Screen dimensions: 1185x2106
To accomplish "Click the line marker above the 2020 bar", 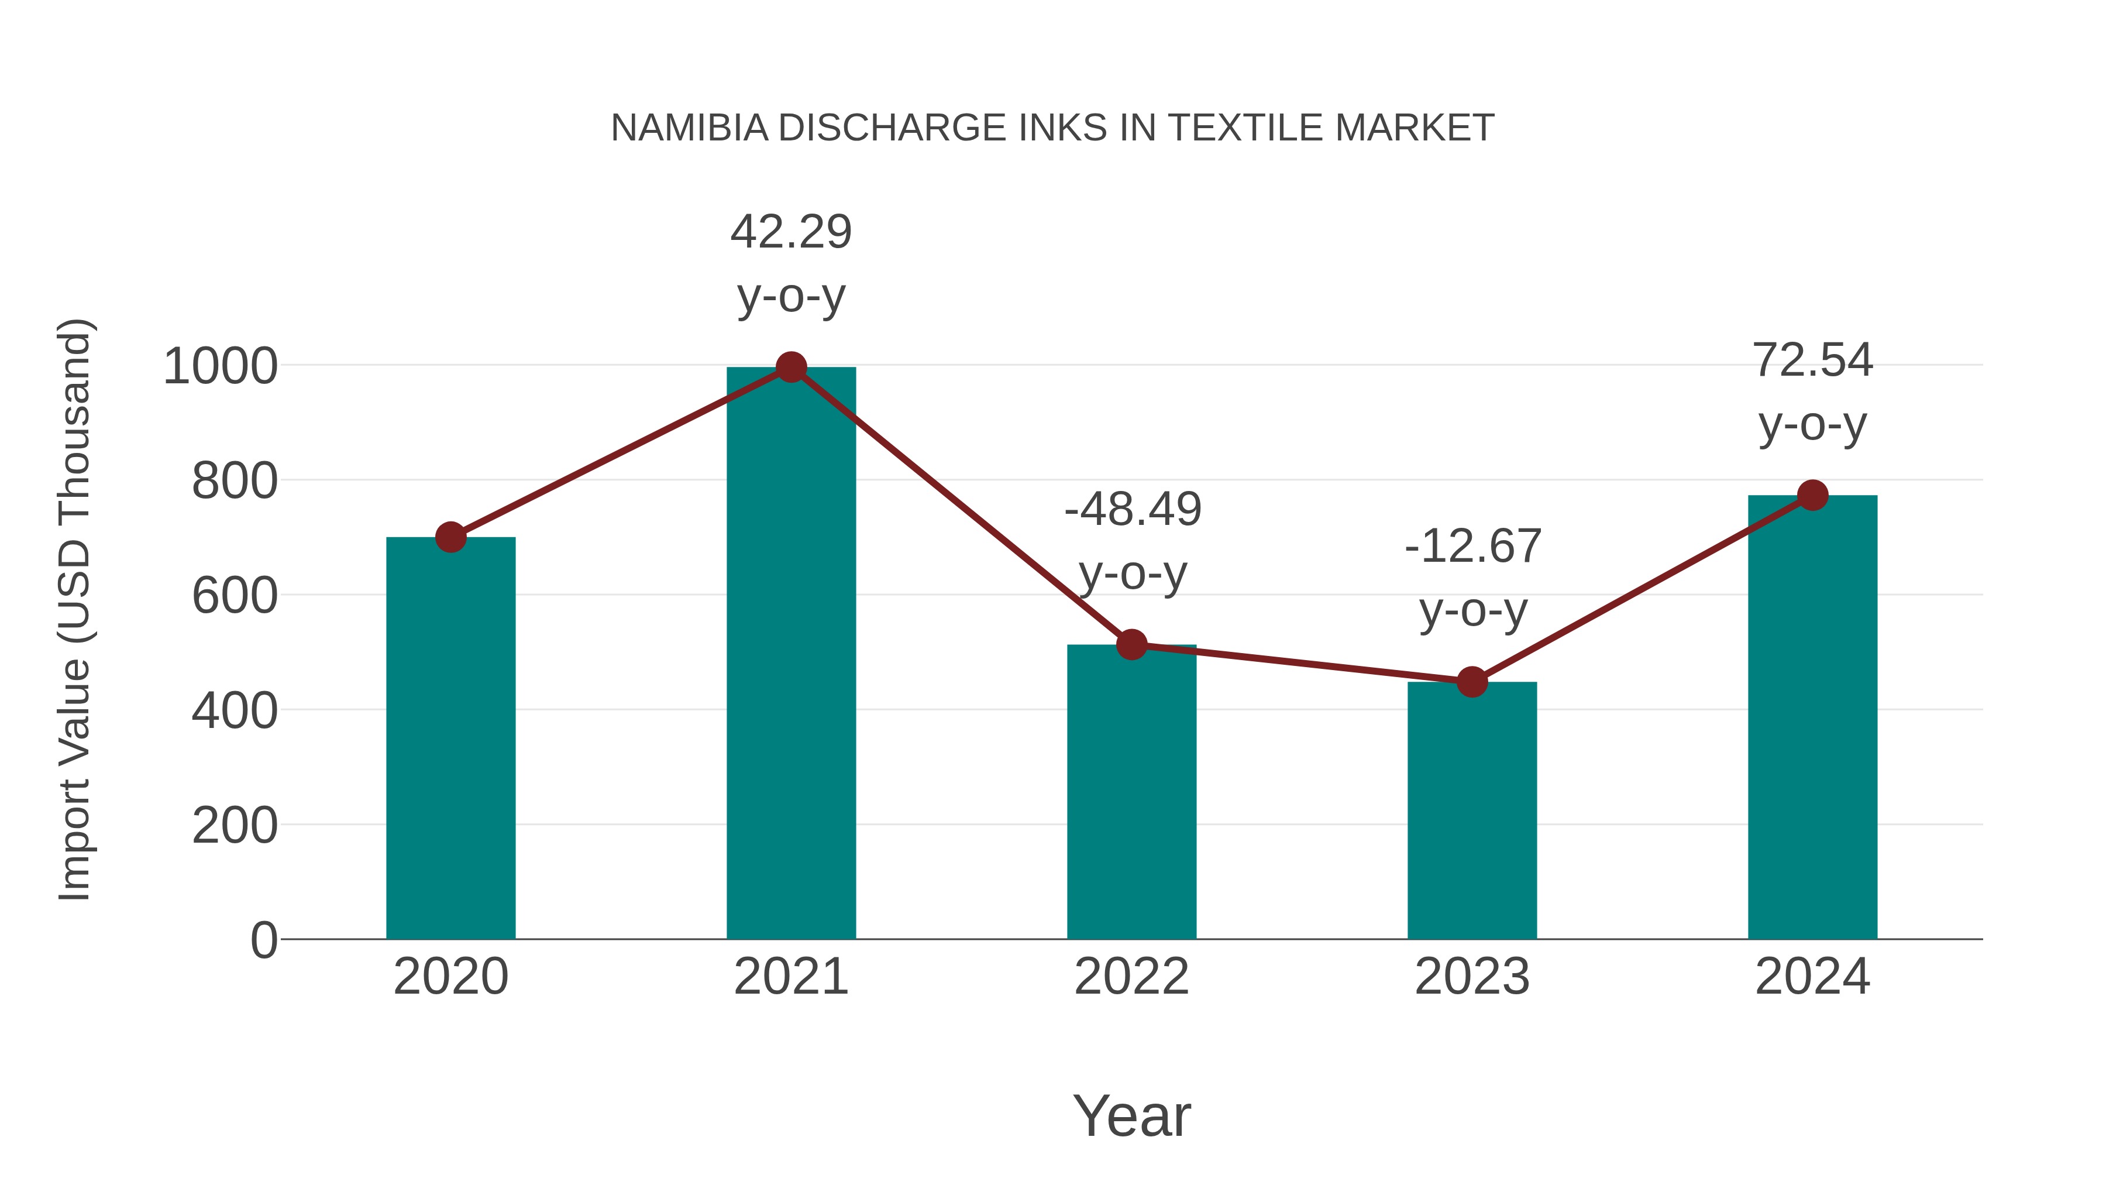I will pos(450,537).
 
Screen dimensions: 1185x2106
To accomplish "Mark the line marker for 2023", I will pos(1472,681).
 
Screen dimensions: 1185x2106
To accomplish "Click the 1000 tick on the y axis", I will pos(221,366).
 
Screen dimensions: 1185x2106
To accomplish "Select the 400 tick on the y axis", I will pos(235,710).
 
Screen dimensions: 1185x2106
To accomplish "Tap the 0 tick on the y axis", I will pos(263,940).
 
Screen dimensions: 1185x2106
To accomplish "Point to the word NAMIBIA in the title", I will pos(689,128).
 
